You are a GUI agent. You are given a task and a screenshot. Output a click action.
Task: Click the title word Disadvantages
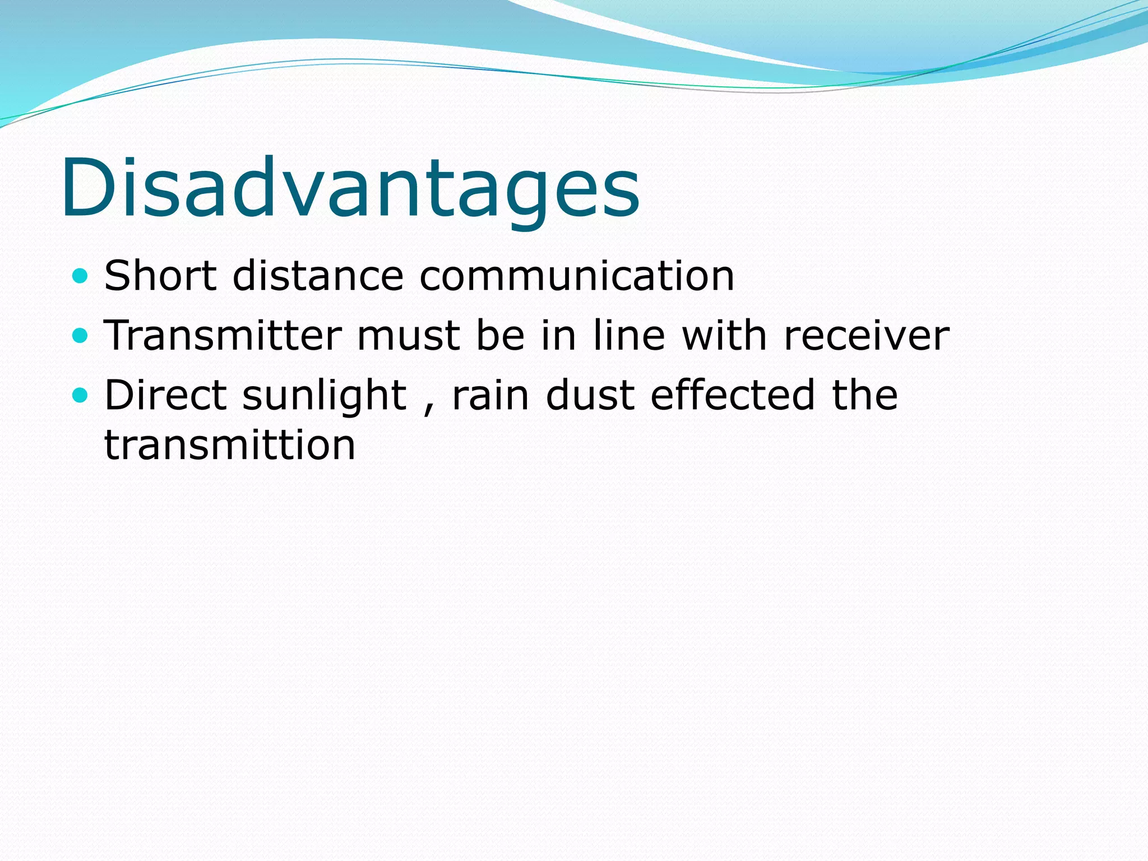point(350,188)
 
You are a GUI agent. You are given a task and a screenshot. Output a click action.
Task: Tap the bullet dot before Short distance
point(81,276)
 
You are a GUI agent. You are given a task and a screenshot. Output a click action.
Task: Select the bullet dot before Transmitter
point(81,336)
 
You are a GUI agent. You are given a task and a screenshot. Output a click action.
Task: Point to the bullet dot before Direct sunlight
point(81,395)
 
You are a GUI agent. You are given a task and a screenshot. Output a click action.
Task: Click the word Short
point(160,276)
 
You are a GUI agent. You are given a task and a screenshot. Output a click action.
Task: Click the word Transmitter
point(223,336)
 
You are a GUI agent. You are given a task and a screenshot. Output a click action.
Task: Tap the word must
point(409,336)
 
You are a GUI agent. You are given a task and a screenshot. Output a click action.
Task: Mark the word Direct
point(165,395)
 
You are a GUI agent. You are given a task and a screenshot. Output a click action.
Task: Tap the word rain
point(490,395)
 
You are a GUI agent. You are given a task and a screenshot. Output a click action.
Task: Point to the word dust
point(590,395)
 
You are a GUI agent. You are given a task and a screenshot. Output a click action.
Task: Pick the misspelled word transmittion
point(230,446)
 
